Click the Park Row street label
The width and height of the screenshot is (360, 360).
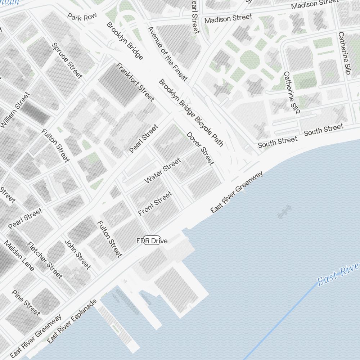pos(82,17)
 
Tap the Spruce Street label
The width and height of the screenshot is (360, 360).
pos(67,60)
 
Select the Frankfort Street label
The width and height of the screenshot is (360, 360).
pos(135,82)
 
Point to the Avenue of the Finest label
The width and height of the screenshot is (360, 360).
pos(167,53)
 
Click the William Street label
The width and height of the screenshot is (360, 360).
pos(15,110)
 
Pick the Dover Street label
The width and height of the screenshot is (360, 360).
pos(200,148)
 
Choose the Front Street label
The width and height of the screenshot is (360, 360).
pos(155,203)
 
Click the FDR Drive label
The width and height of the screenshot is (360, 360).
pos(152,241)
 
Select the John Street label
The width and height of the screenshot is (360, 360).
pos(77,254)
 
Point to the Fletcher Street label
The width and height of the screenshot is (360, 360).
pos(45,260)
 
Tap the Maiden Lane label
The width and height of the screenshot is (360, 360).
pos(19,256)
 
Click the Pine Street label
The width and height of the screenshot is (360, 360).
pos(26,302)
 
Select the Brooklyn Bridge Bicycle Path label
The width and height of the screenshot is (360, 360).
pos(191,113)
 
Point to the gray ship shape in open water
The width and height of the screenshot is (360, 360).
pos(284,212)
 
